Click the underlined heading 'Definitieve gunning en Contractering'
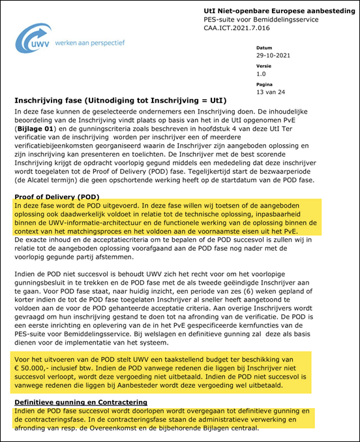[x=81, y=402]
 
